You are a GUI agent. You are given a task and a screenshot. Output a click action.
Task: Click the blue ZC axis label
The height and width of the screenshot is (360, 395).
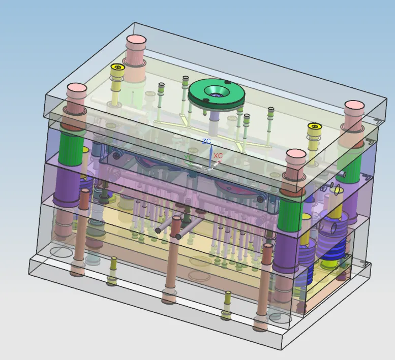click(x=206, y=141)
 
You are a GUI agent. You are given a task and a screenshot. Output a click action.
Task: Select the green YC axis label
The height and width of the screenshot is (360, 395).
click(x=189, y=158)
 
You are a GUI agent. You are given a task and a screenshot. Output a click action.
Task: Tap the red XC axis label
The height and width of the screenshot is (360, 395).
click(x=218, y=156)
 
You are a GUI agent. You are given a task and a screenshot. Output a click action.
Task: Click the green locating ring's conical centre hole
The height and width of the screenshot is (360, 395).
click(x=217, y=91)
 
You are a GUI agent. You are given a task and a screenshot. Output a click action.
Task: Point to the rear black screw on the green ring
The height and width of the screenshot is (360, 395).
click(x=227, y=82)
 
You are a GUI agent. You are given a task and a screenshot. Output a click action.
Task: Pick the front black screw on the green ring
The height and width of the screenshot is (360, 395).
click(x=206, y=100)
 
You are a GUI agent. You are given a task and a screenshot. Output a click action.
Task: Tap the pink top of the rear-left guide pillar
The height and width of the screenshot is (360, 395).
click(x=136, y=40)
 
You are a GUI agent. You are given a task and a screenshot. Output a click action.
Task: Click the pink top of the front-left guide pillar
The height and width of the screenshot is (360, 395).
click(x=77, y=88)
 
